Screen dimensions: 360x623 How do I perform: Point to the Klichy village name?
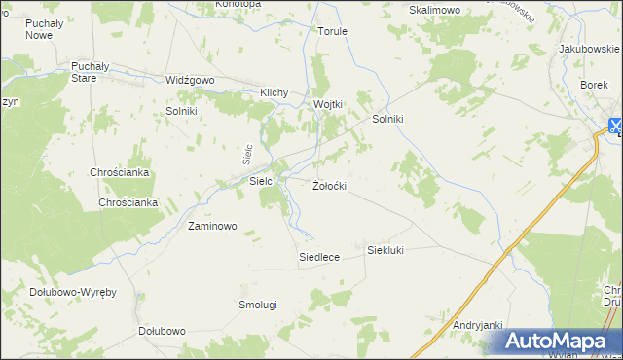tap(275, 93)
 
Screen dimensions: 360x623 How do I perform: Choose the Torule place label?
tap(332, 31)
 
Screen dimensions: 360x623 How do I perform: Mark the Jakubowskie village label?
tap(590, 48)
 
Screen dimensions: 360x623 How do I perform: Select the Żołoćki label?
tap(329, 185)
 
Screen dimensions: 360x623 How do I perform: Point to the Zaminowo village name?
tap(212, 226)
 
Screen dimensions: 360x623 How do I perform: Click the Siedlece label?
tap(318, 257)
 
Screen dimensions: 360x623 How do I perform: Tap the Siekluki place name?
tap(385, 250)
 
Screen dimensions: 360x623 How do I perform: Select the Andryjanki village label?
tap(477, 325)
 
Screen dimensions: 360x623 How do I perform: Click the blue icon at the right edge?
tap(616, 125)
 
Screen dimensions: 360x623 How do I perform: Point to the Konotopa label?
tap(238, 4)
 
